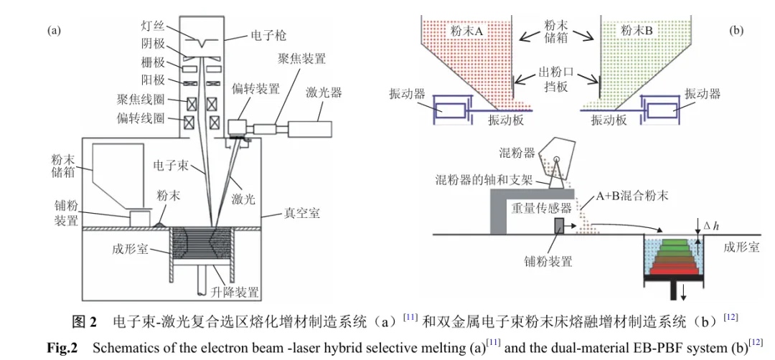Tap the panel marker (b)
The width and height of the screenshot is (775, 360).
pos(736,31)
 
